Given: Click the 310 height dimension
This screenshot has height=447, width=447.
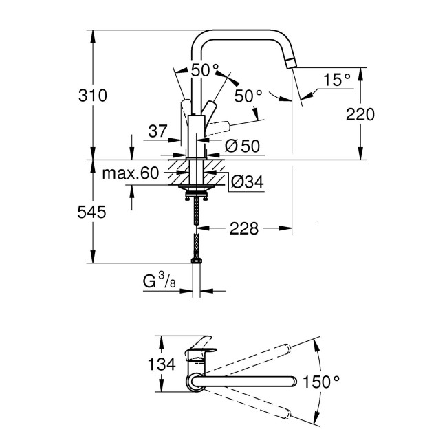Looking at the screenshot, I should (93, 96).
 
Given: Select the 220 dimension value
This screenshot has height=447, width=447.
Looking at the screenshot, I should (360, 115).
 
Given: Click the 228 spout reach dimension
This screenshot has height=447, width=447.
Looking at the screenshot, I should (245, 228).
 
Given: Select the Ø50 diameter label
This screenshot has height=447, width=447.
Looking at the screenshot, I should (241, 146).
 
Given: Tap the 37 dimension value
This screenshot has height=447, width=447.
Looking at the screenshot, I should (158, 131).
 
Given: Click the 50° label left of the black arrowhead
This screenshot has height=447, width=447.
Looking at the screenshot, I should (204, 70).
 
